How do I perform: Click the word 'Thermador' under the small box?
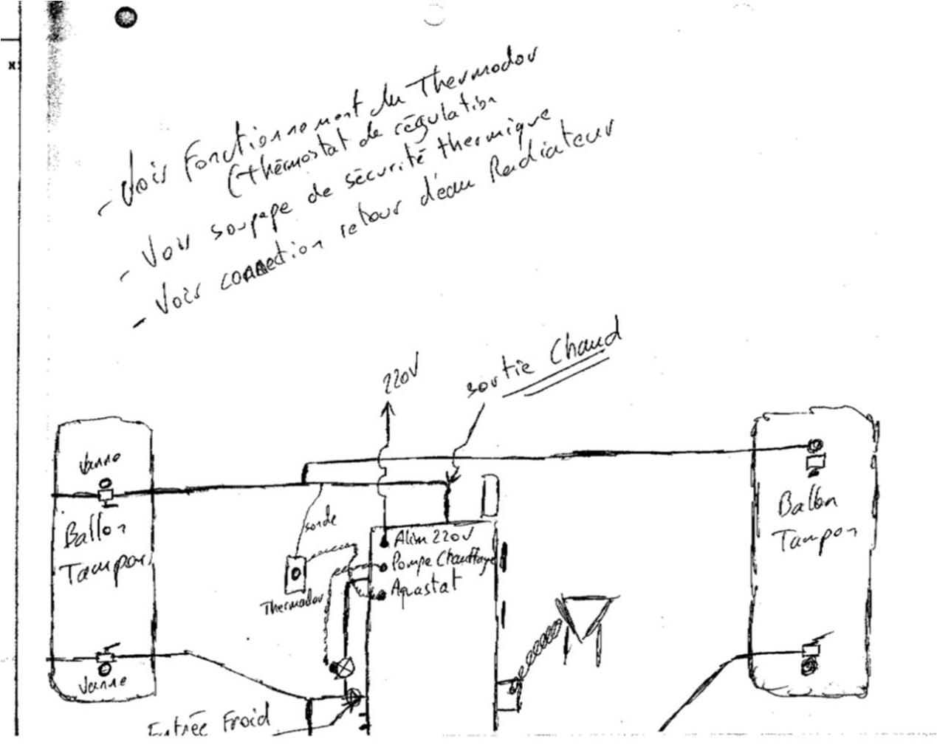292,606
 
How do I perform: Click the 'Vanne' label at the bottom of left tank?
103,684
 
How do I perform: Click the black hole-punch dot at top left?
127,17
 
